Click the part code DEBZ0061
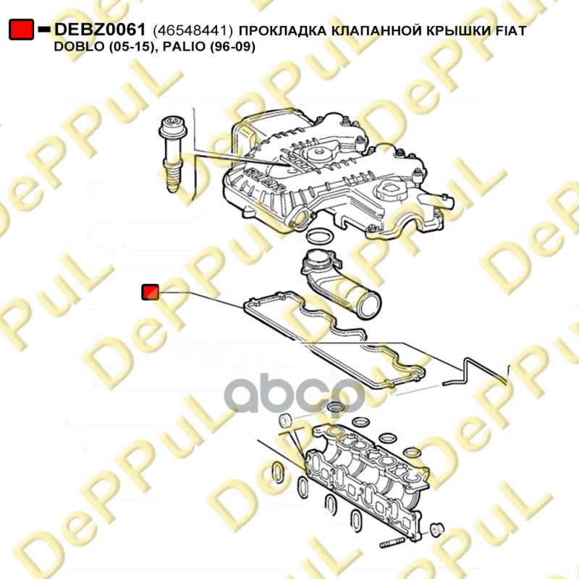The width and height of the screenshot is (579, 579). [100, 30]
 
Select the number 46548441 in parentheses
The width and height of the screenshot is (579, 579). [193, 30]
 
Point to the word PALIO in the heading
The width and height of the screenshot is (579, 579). [185, 46]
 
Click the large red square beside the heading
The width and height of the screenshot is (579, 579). [22, 29]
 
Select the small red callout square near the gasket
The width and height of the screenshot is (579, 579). [151, 292]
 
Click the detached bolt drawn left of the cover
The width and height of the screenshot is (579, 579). [172, 153]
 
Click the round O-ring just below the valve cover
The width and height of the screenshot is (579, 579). [321, 237]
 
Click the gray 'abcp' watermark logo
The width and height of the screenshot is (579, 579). [295, 393]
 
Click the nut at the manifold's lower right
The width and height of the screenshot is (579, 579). [437, 530]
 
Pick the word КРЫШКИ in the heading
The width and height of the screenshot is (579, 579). [453, 30]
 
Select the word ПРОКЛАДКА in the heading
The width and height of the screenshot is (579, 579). [283, 30]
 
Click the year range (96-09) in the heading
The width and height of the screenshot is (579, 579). [232, 46]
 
